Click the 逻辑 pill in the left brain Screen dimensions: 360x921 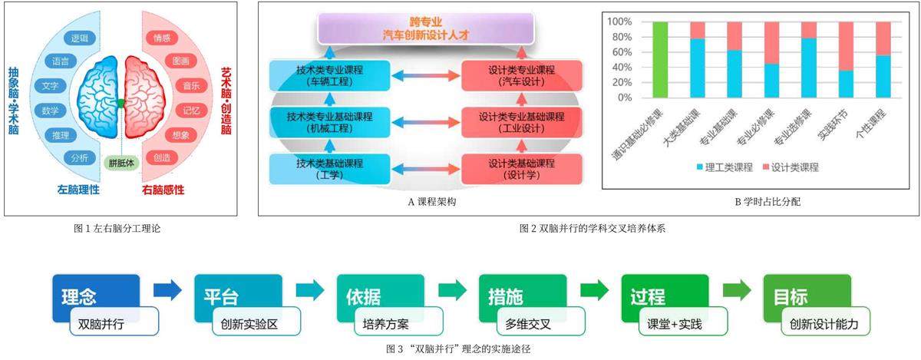[x=79, y=38]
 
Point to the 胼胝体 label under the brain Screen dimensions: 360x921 [x=121, y=162]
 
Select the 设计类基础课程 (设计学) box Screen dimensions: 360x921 [x=522, y=168]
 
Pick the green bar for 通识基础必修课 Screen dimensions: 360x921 [x=659, y=60]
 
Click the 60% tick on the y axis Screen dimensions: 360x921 [x=619, y=52]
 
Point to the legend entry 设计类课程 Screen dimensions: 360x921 [x=790, y=167]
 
